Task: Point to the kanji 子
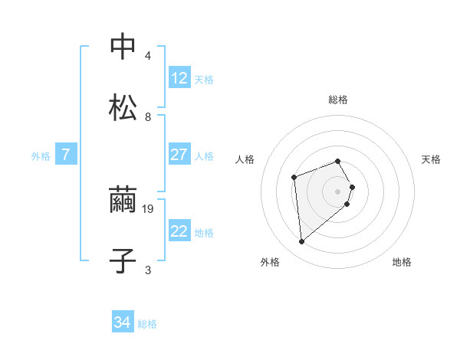(123, 260)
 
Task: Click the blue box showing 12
(179, 78)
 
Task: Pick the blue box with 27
(179, 155)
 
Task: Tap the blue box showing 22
(179, 231)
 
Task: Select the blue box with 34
(123, 323)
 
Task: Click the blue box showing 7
(66, 155)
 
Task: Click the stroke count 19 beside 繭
(149, 208)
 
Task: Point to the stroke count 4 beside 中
(148, 56)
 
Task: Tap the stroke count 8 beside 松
(148, 117)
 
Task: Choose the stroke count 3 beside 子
(148, 270)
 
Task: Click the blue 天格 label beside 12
(204, 79)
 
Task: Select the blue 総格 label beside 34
(147, 324)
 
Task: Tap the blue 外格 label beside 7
(41, 155)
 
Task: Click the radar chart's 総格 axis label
(338, 100)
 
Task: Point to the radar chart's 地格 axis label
(402, 262)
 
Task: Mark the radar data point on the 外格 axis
(302, 242)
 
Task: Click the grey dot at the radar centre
(338, 191)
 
